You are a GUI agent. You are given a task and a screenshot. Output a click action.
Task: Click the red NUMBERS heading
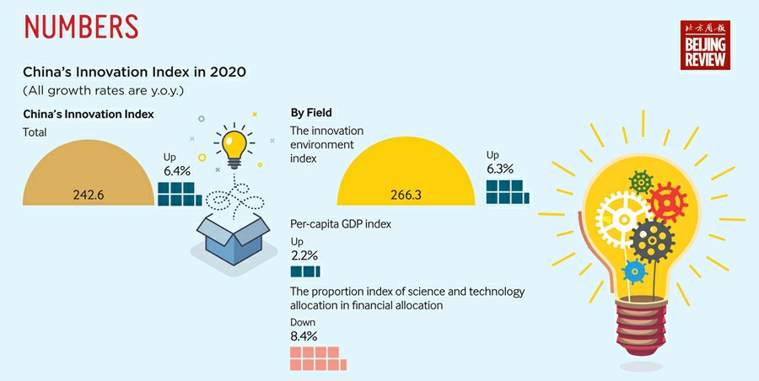click(x=81, y=26)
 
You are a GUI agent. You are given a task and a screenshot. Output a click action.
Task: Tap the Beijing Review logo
click(x=704, y=46)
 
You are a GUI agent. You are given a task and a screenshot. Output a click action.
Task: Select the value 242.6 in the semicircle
click(x=88, y=195)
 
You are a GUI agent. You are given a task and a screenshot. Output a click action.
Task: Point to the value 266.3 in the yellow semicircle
click(x=406, y=195)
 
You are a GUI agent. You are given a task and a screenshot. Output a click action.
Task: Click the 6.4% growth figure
click(x=179, y=171)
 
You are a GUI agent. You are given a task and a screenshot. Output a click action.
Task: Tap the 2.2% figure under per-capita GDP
click(x=304, y=255)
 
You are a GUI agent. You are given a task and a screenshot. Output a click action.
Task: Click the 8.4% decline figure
click(x=304, y=335)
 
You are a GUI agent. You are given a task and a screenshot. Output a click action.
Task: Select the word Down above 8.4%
click(x=304, y=321)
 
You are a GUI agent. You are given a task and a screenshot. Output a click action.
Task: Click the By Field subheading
click(x=311, y=112)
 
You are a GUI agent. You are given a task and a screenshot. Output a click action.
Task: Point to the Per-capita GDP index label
click(x=341, y=224)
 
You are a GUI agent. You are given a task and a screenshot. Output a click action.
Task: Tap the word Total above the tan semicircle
click(x=35, y=132)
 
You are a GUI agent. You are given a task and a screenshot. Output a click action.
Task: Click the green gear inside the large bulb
click(x=642, y=180)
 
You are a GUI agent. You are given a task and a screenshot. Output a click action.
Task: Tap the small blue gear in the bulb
click(x=634, y=271)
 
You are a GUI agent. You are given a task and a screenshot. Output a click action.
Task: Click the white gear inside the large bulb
click(x=622, y=218)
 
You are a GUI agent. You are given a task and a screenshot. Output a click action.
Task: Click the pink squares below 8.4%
click(x=314, y=358)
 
